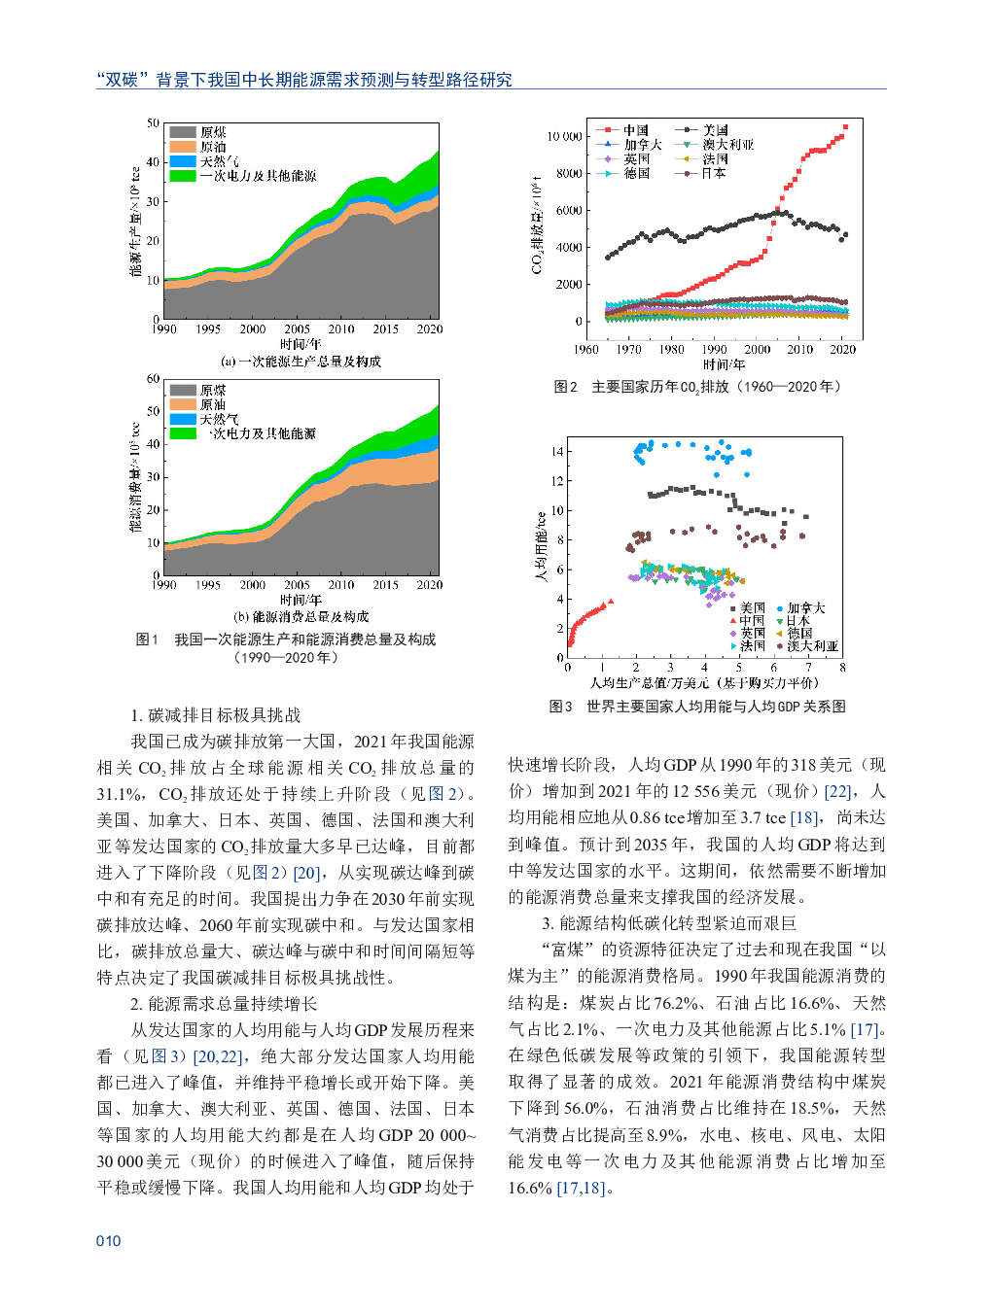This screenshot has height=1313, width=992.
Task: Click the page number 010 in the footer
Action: [108, 1241]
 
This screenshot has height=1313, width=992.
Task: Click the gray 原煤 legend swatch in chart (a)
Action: [183, 132]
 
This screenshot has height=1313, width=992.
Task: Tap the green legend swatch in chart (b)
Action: [183, 433]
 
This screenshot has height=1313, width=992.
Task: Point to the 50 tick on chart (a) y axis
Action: [153, 123]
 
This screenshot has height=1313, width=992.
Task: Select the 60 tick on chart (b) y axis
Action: [153, 379]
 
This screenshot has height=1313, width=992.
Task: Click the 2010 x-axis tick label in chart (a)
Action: [341, 329]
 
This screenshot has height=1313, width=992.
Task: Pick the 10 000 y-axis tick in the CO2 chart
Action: [564, 137]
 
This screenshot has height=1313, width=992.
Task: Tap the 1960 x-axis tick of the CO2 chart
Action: [586, 350]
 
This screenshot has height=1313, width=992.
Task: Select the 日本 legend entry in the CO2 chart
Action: [714, 173]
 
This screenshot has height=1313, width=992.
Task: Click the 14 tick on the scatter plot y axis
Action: [557, 452]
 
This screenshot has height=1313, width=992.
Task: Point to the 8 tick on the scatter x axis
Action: [842, 668]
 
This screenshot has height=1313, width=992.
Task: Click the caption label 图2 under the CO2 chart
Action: [565, 387]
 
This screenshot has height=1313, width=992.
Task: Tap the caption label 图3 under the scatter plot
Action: [560, 707]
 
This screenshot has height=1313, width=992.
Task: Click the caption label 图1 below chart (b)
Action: [147, 639]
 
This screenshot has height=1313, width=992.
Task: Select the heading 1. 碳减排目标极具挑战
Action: [215, 715]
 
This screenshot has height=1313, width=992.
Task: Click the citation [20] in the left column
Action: [307, 873]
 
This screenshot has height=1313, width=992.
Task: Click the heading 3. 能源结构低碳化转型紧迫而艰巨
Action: [669, 923]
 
